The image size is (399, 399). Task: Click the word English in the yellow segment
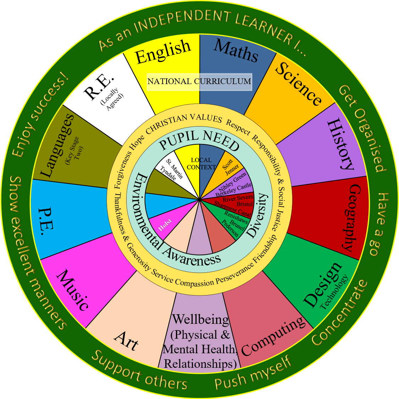163,52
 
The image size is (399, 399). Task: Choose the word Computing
273,336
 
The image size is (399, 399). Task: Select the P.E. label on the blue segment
46,222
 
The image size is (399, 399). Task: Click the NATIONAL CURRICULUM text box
199,82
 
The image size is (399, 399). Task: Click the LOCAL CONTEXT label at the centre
201,164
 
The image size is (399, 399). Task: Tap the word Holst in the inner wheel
165,225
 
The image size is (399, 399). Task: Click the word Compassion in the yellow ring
195,283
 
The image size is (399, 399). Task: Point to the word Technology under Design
334,293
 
